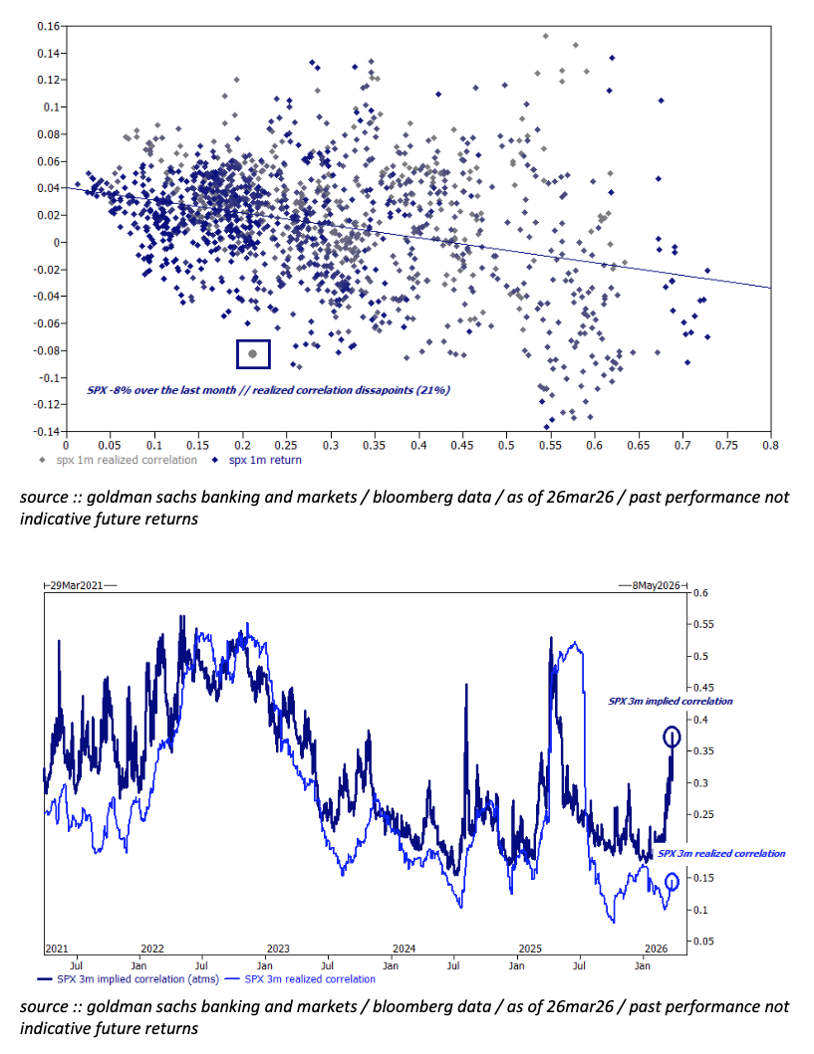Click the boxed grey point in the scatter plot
[x=253, y=353]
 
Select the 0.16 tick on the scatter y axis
[x=46, y=25]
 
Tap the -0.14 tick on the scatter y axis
[x=46, y=432]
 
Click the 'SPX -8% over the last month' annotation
[x=268, y=390]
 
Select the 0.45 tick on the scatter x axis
[x=462, y=447]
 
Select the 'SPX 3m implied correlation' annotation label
[x=671, y=702]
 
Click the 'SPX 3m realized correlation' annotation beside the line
[x=722, y=854]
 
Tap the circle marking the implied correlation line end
[x=673, y=738]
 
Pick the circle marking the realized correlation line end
[x=673, y=882]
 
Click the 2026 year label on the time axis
[x=654, y=949]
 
